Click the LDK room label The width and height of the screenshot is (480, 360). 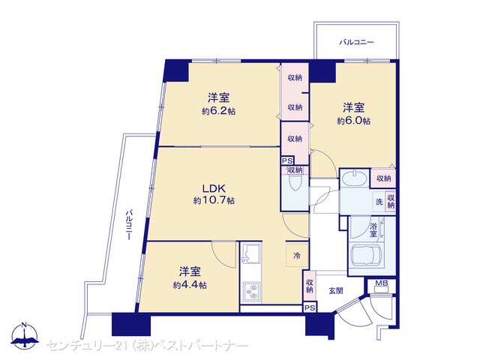click(214, 187)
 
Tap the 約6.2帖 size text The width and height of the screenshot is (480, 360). click(218, 111)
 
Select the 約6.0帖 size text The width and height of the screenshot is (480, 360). click(353, 121)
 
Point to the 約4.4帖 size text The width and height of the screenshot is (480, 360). click(190, 285)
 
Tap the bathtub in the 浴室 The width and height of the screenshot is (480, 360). click(366, 256)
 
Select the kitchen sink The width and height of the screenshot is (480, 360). click(251, 253)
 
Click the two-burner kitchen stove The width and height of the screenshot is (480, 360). click(252, 291)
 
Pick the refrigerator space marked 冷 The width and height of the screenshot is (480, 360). click(297, 255)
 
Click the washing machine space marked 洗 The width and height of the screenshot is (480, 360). click(379, 202)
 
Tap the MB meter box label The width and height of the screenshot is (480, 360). click(382, 283)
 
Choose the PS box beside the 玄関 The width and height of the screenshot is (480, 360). click(310, 307)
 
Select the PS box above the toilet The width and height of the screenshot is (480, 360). click(288, 160)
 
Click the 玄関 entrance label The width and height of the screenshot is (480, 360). click(336, 290)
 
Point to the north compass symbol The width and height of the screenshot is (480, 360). click(25, 336)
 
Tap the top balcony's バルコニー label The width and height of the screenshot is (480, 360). click(356, 42)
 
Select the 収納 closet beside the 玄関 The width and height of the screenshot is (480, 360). click(310, 286)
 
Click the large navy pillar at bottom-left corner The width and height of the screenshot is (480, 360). click(131, 324)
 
